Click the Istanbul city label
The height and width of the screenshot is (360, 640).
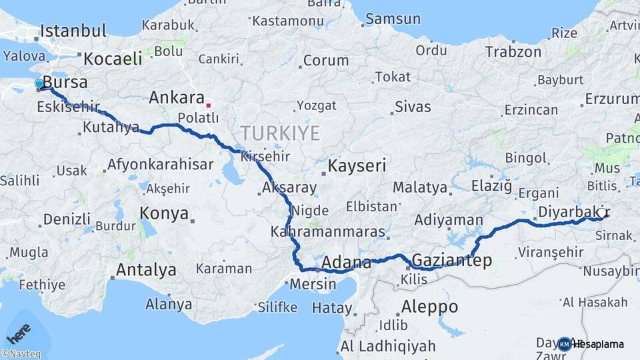click(x=73, y=31)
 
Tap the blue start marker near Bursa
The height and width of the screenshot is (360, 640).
click(x=39, y=84)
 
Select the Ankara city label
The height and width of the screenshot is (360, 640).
click(x=177, y=98)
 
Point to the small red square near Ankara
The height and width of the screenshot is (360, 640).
click(x=209, y=105)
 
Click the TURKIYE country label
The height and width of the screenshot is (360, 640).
click(x=280, y=133)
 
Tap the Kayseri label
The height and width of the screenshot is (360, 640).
click(x=357, y=165)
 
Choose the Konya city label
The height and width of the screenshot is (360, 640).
click(x=164, y=213)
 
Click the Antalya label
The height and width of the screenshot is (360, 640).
click(x=146, y=270)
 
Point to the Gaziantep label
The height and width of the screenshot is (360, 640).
click(x=452, y=261)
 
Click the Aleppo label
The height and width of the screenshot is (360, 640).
click(x=430, y=307)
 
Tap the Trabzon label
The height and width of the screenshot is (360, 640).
click(x=513, y=51)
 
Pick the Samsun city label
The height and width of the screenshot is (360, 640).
click(x=393, y=19)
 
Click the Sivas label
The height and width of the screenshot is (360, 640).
click(x=413, y=107)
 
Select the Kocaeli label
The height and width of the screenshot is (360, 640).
click(x=113, y=59)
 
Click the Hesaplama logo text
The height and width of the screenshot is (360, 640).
click(x=599, y=344)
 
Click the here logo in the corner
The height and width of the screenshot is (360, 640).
click(x=19, y=331)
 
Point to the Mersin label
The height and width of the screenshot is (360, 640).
click(x=313, y=283)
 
